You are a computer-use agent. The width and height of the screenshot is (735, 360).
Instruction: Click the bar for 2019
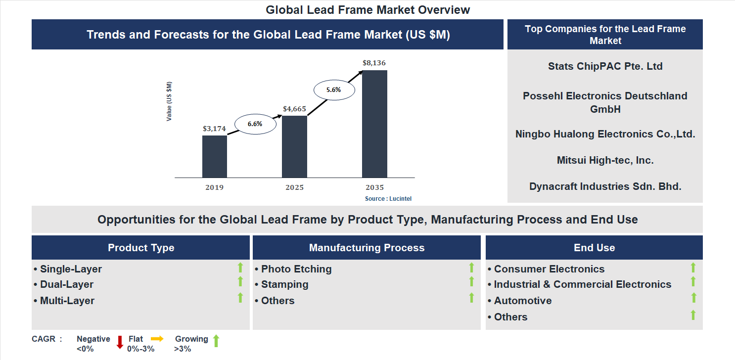[x=214, y=156]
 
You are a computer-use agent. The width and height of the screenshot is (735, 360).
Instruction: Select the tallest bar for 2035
[x=374, y=124]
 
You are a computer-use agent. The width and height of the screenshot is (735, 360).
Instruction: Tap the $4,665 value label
[x=294, y=109]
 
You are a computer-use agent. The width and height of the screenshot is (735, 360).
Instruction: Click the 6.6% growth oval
[x=255, y=124]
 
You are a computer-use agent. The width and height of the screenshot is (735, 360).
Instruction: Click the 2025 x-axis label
[x=294, y=187]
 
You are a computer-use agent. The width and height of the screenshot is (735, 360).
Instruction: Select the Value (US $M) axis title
[x=169, y=101]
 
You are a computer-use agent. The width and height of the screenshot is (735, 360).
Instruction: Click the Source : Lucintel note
[x=388, y=198]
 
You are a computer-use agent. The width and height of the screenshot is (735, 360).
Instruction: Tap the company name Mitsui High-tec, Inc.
[x=605, y=160]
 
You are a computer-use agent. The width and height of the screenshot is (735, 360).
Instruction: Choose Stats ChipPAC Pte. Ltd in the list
[x=605, y=66]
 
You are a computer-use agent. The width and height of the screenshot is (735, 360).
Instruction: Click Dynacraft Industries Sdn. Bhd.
[x=605, y=186]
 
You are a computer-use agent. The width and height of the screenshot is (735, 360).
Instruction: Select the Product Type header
[x=141, y=248]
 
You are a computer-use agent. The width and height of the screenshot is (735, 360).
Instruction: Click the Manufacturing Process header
[x=367, y=248]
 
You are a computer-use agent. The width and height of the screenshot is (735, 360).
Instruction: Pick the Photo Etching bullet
[x=296, y=269]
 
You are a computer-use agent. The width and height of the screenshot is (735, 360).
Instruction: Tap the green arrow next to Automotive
[x=693, y=298]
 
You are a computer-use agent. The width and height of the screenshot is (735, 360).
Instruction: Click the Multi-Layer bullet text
[x=67, y=301]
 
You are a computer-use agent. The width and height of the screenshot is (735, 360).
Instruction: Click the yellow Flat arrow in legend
[x=157, y=339]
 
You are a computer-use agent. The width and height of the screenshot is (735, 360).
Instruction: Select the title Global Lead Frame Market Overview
[x=367, y=10]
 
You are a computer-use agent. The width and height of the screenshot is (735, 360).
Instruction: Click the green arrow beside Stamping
[x=471, y=281]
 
